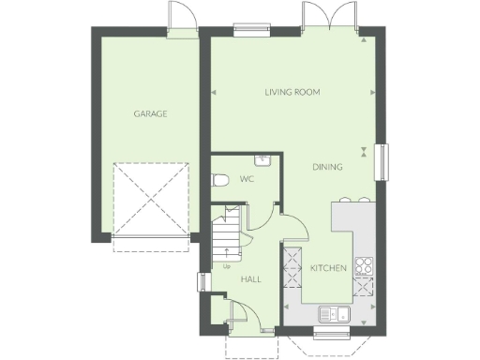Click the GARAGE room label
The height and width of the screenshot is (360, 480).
[150, 113]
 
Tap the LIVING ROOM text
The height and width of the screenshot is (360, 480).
[292, 92]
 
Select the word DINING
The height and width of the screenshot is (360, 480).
[327, 167]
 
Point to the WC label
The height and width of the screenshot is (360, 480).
[247, 178]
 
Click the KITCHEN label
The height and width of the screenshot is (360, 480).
[329, 268]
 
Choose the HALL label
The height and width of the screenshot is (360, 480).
[251, 279]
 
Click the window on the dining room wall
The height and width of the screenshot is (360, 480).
[382, 159]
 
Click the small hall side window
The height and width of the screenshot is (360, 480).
[201, 282]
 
